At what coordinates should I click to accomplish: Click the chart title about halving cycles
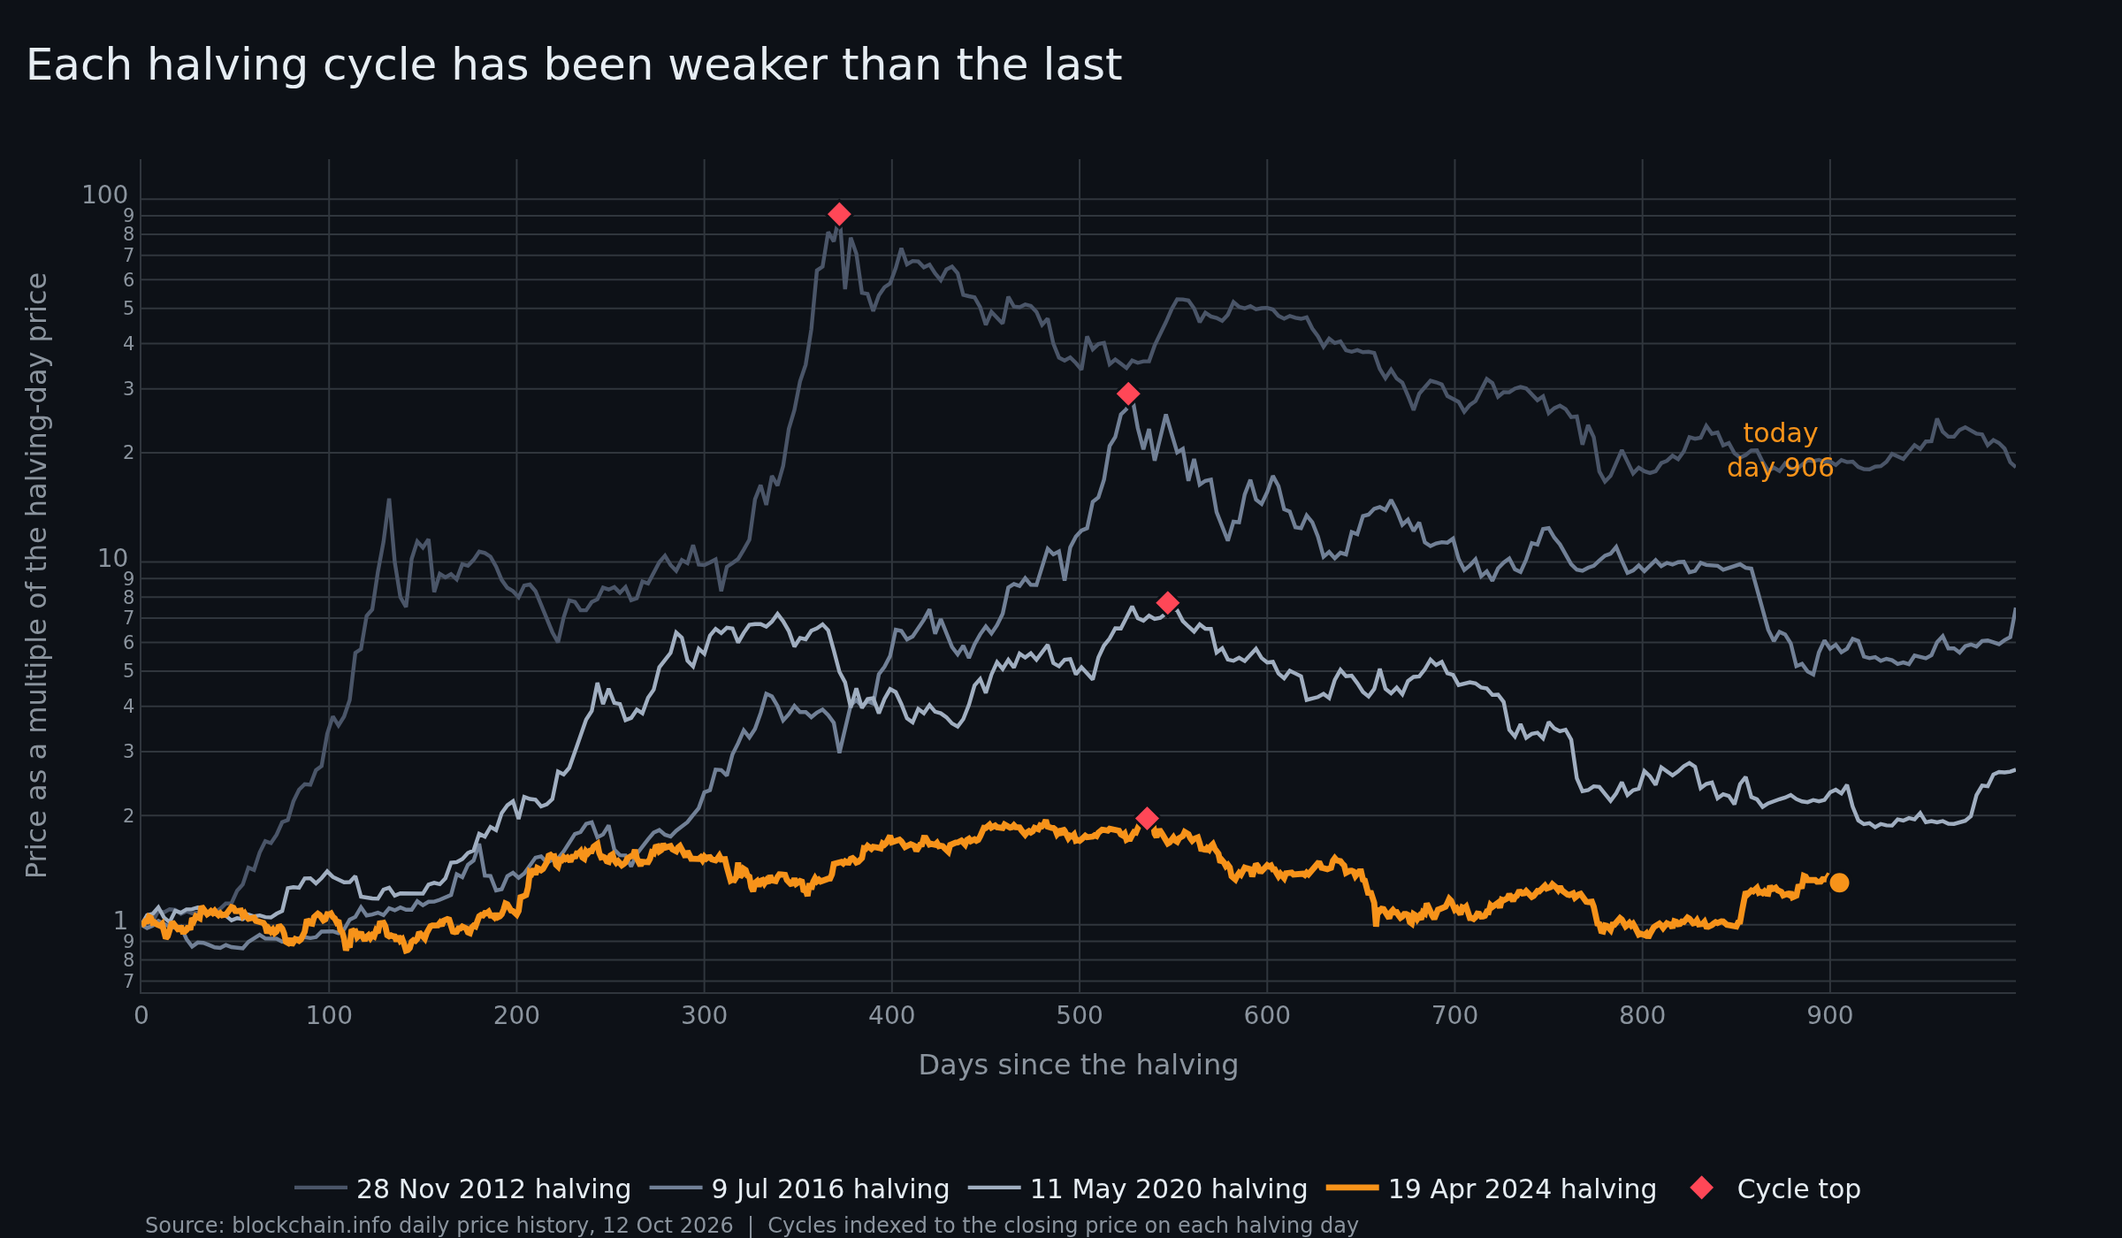click(574, 65)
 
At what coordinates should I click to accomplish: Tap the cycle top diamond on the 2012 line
click(839, 214)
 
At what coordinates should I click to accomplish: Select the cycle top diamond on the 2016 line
click(1127, 394)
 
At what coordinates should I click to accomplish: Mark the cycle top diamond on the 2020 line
click(1167, 603)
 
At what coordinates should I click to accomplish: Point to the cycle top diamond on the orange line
click(1146, 819)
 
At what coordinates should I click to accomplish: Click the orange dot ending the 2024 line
click(1839, 883)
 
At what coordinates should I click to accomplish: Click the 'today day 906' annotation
click(1780, 450)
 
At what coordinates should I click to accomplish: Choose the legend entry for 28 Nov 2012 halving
click(462, 1189)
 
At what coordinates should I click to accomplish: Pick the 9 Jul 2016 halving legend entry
click(799, 1189)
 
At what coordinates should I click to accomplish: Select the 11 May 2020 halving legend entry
click(1138, 1189)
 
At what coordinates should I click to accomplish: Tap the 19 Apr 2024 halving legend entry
click(1492, 1189)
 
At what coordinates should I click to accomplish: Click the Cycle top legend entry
click(1775, 1189)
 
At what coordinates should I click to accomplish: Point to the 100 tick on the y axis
click(105, 195)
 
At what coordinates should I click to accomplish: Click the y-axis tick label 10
click(113, 559)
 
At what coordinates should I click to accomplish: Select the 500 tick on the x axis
click(1080, 1016)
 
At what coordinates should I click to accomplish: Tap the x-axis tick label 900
click(1830, 1016)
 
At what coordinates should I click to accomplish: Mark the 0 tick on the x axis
click(141, 1016)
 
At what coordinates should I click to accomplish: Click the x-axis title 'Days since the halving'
click(1079, 1066)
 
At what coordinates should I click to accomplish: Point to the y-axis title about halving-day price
click(37, 575)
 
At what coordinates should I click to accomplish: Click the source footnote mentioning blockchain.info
click(752, 1226)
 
